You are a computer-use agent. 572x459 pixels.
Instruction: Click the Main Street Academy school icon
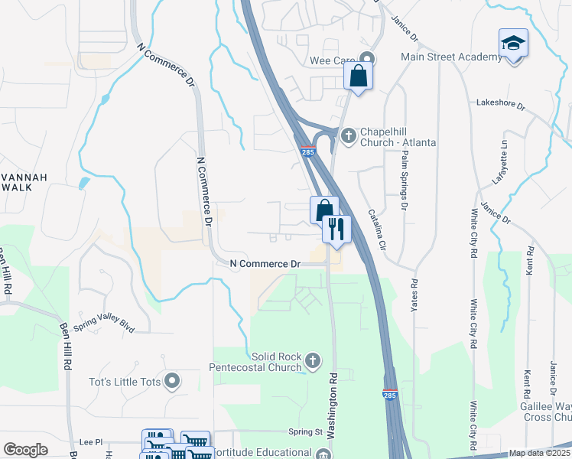click(x=513, y=44)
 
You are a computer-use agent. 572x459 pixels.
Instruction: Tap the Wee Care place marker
click(x=369, y=58)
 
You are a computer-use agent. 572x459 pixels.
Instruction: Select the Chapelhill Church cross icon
click(x=349, y=136)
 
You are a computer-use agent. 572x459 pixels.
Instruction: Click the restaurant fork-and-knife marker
click(x=335, y=227)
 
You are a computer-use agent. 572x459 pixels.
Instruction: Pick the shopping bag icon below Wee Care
click(x=357, y=76)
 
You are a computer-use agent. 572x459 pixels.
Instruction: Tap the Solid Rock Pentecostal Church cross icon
click(x=312, y=360)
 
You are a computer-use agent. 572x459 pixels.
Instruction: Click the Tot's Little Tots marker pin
click(x=174, y=379)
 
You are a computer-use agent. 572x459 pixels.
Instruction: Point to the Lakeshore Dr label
click(x=501, y=103)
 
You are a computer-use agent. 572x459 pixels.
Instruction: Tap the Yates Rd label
click(x=414, y=294)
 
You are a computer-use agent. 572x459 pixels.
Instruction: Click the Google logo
click(x=26, y=450)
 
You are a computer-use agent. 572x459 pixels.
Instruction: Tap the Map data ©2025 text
click(x=539, y=453)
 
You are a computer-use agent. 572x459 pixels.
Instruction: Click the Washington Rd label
click(x=333, y=416)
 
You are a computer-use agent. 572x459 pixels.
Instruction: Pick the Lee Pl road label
click(x=90, y=443)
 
